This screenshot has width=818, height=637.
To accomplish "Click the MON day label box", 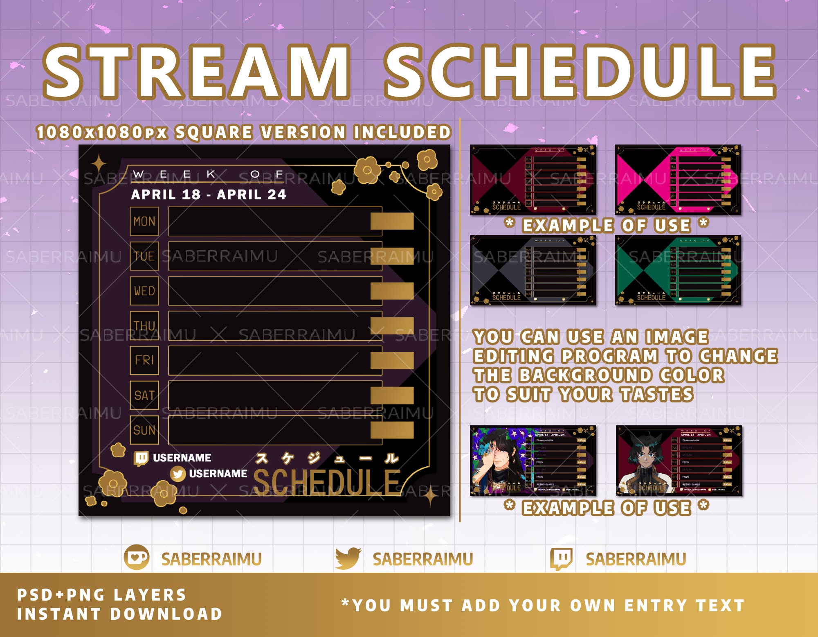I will click(144, 221).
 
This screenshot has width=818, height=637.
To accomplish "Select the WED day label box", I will click(144, 291).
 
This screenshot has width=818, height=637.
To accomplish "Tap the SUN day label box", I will click(144, 430).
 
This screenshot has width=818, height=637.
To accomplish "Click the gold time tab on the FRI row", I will click(392, 360).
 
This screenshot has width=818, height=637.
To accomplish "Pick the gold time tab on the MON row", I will click(392, 221).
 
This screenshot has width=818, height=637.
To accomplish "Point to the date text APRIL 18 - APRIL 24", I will click(208, 194).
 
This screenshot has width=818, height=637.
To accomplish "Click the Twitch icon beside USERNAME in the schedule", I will click(141, 459).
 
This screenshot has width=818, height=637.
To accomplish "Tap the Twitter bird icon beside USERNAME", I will click(178, 474).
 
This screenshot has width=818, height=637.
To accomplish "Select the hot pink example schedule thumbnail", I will click(677, 179).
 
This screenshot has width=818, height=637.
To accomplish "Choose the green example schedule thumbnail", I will click(677, 270).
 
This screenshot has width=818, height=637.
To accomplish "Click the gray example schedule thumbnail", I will click(533, 270).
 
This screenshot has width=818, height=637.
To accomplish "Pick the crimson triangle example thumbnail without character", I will click(533, 179).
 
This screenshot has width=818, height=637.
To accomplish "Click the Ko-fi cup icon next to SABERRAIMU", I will click(137, 558).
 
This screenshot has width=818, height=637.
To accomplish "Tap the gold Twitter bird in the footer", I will click(348, 558).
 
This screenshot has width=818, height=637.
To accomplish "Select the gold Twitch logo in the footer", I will click(562, 558).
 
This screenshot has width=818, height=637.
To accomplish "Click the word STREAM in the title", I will click(196, 72).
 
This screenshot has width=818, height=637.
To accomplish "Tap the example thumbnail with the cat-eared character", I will click(679, 461).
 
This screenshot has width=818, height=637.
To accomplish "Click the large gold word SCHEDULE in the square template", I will click(326, 481).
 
